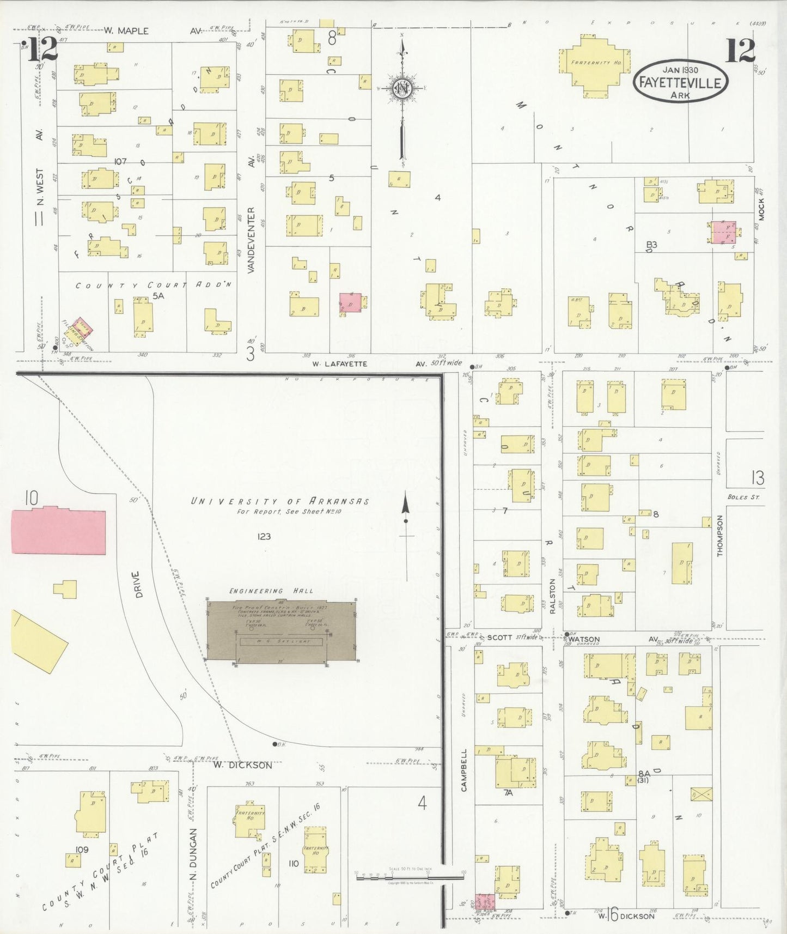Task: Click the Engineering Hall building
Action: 282,632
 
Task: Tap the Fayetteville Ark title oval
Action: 680,81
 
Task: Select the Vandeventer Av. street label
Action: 251,240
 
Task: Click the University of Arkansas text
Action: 280,501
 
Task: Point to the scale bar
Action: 408,874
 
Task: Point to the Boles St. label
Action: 743,497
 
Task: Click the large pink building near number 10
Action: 58,531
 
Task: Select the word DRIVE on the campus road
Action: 137,584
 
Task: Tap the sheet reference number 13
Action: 758,478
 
